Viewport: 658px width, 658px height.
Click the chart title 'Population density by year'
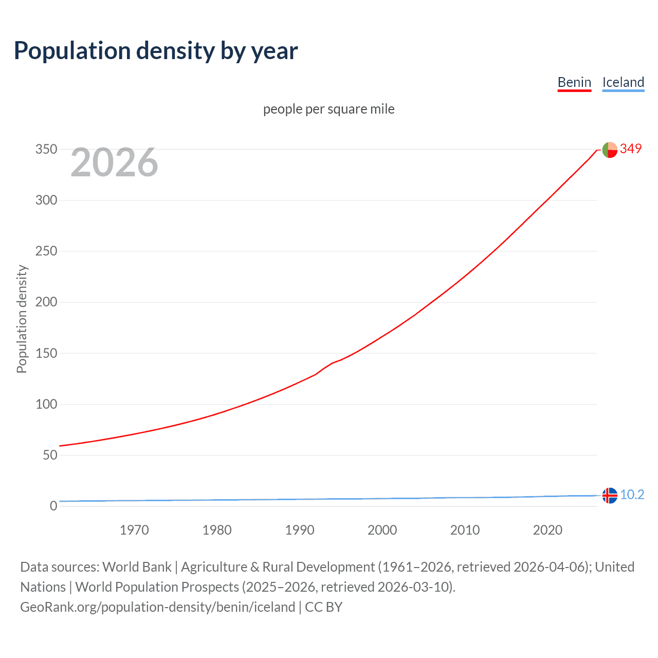click(156, 51)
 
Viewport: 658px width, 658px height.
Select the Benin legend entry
click(574, 82)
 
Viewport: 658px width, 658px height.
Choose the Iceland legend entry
click(623, 82)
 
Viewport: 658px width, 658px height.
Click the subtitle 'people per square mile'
click(328, 109)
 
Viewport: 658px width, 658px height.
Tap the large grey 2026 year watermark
click(114, 162)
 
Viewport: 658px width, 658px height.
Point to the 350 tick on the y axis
click(46, 150)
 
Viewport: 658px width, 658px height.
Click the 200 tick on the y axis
click(46, 302)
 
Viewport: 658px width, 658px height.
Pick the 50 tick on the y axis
click(50, 455)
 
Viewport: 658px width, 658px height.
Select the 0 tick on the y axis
click(53, 506)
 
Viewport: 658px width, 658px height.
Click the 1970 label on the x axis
click(134, 530)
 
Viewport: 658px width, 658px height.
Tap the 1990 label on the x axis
click(300, 530)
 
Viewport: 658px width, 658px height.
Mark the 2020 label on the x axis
click(547, 530)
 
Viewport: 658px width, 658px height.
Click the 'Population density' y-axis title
click(22, 319)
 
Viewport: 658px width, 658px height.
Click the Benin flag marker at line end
click(609, 150)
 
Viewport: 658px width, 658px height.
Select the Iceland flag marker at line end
click(609, 495)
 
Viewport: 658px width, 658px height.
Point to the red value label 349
click(631, 149)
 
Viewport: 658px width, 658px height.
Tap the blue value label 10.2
click(632, 495)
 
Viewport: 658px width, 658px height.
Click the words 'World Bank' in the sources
click(137, 567)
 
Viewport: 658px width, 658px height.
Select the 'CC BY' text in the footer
click(323, 607)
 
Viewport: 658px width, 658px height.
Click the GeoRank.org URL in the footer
click(157, 607)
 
